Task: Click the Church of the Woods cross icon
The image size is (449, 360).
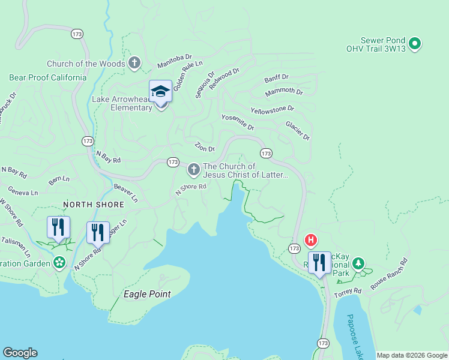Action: [134, 63]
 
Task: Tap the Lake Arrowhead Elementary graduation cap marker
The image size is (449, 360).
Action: [160, 92]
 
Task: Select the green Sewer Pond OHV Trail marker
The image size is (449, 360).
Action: [415, 43]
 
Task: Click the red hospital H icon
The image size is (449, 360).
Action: [310, 241]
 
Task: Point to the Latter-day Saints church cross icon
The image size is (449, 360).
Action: [193, 170]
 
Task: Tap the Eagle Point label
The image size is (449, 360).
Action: [147, 294]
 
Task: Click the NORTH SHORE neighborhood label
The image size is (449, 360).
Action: [93, 205]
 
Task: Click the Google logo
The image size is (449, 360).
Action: [20, 353]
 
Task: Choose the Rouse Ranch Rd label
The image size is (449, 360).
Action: [389, 274]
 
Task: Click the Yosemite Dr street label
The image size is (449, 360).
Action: [238, 122]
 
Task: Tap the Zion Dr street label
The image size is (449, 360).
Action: [205, 147]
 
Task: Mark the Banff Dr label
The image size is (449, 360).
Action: [276, 79]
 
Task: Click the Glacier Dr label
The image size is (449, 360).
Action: [297, 131]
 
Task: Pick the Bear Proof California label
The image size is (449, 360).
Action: [47, 77]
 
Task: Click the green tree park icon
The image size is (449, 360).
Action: [358, 263]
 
